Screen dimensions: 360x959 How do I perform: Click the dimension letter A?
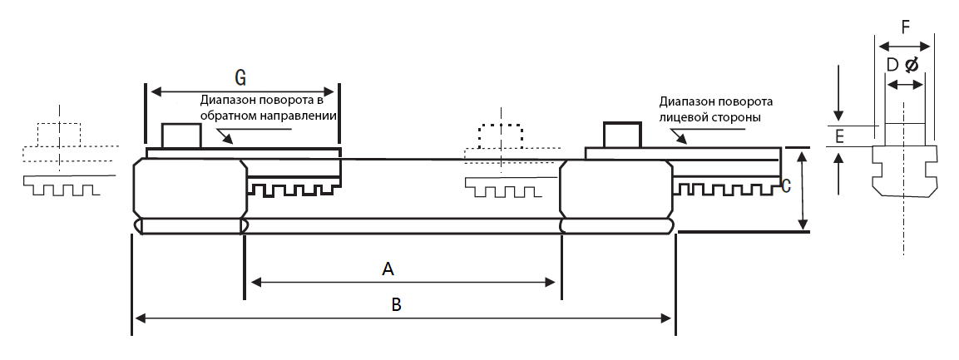point(387,268)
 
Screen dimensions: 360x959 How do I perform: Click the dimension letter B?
point(397,304)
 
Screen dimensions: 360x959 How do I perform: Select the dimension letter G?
point(240,78)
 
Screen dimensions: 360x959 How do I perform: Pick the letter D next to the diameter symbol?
point(892,65)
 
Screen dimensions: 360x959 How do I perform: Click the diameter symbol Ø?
point(912,65)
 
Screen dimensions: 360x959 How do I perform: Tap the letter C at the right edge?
point(785,186)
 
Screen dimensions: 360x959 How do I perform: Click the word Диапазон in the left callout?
point(226,101)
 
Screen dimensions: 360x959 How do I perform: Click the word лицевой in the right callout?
point(685,118)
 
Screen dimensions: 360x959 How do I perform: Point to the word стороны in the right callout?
point(736,118)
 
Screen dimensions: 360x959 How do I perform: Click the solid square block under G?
point(180,136)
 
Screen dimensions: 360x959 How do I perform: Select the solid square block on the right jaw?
point(623,136)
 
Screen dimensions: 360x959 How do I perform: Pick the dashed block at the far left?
point(59,134)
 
